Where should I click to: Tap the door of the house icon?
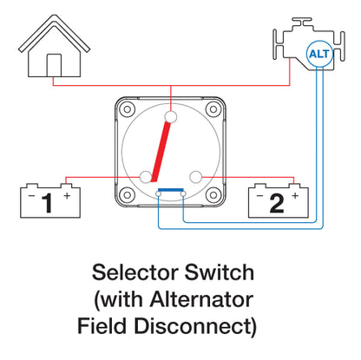[54, 65]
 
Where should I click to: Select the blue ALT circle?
[318, 56]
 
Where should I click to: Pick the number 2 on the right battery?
[276, 204]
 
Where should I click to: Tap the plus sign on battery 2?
[295, 196]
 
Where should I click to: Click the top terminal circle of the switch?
[171, 116]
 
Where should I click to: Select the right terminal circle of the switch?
[197, 177]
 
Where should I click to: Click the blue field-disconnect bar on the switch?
[169, 190]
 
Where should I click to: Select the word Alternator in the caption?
[205, 300]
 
